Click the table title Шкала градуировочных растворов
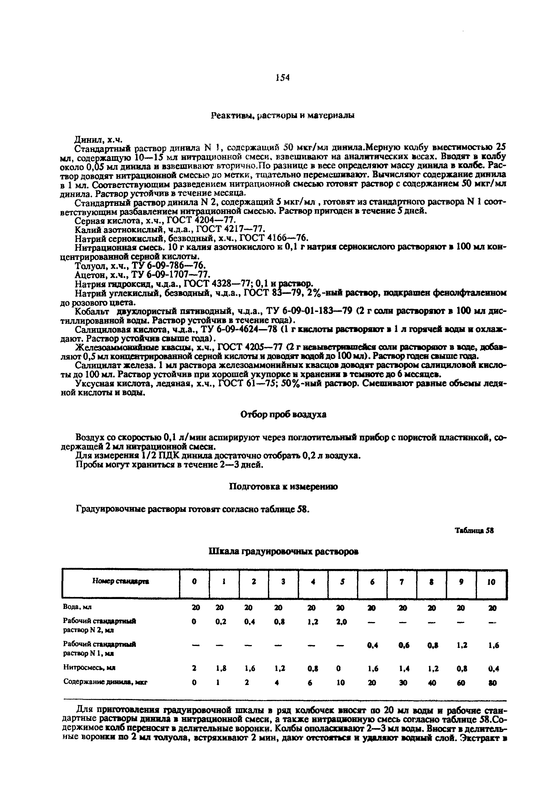click(x=284, y=552)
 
